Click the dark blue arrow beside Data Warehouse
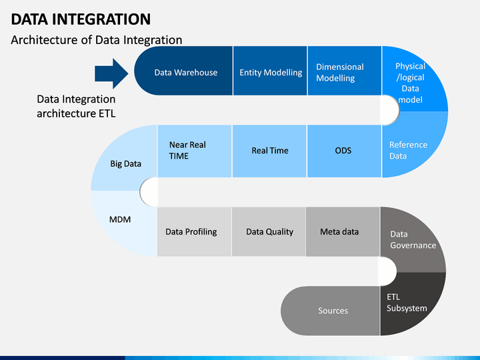pyautogui.click(x=111, y=73)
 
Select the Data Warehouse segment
pyautogui.click(x=184, y=71)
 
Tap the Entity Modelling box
pyautogui.click(x=270, y=71)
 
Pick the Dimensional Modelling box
pyautogui.click(x=345, y=71)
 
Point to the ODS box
pyautogui.click(x=344, y=151)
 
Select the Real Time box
pyautogui.click(x=269, y=151)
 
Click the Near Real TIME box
pyautogui.click(x=195, y=151)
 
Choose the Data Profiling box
pyautogui.click(x=194, y=232)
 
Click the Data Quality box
pyautogui.click(x=269, y=232)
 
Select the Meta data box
pyautogui.click(x=343, y=232)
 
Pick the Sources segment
pyautogui.click(x=330, y=311)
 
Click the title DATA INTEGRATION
pyautogui.click(x=81, y=19)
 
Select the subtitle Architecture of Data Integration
pyautogui.click(x=97, y=40)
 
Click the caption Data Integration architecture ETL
pyautogui.click(x=76, y=106)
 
